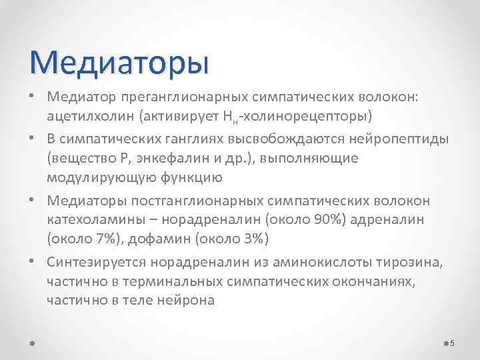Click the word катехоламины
click(87, 219)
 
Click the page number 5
click(453, 343)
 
